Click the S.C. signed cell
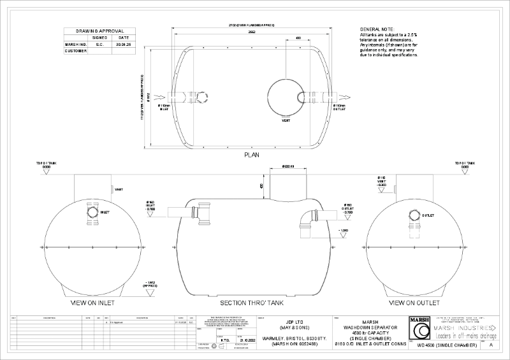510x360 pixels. click(x=99, y=45)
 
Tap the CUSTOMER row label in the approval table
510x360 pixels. click(x=75, y=51)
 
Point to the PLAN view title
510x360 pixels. click(x=251, y=154)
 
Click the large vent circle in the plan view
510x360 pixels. click(x=287, y=96)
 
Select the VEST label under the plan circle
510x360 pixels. click(x=286, y=119)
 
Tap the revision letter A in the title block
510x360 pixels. click(x=492, y=345)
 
